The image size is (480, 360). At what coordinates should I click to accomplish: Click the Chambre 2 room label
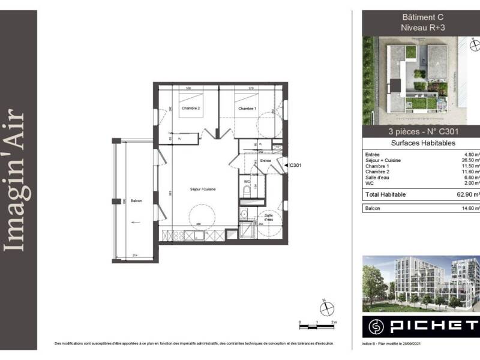191,109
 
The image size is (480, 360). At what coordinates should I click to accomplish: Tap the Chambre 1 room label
247,109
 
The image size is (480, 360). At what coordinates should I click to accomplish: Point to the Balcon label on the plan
136,200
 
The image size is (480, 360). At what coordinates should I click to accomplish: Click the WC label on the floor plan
247,181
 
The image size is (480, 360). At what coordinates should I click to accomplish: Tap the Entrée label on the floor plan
266,161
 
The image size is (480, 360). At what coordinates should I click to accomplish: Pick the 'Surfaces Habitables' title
423,143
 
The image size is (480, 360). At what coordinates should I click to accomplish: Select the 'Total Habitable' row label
386,194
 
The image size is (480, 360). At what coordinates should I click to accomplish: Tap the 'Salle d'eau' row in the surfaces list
378,178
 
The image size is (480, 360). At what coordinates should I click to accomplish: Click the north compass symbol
327,308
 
